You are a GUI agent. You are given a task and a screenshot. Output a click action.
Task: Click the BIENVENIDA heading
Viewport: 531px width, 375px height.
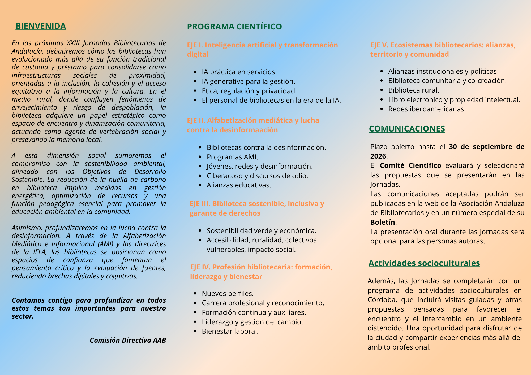pyautogui.click(x=41, y=26)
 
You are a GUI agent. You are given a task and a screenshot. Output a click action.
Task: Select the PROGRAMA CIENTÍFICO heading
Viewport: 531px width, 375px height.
pyautogui.click(x=234, y=27)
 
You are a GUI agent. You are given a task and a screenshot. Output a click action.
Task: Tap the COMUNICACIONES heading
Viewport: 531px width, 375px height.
pyautogui.click(x=407, y=129)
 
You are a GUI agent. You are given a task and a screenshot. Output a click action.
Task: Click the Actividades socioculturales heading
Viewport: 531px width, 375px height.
pyautogui.click(x=424, y=263)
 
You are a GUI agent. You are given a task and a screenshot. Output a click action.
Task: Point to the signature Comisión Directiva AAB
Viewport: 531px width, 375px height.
pyautogui.click(x=128, y=340)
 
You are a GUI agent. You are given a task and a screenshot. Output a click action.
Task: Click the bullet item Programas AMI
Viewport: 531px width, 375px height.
pyautogui.click(x=232, y=157)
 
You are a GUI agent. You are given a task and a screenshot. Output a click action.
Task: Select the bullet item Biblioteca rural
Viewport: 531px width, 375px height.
pyautogui.click(x=413, y=90)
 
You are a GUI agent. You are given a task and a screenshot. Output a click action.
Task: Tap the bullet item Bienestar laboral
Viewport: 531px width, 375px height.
pyautogui.click(x=230, y=331)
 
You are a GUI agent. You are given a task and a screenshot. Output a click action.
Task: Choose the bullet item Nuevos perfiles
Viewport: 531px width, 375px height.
pyautogui.click(x=228, y=294)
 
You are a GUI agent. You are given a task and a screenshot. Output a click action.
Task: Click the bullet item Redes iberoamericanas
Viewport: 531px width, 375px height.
pyautogui.click(x=427, y=109)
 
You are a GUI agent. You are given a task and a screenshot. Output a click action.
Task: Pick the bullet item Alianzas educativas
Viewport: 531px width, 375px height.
pyautogui.click(x=239, y=185)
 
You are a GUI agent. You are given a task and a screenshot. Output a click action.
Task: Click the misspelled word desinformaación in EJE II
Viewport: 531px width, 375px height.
pyautogui.click(x=249, y=130)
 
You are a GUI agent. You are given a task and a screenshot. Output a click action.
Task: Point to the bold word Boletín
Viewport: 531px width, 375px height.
pyautogui.click(x=383, y=222)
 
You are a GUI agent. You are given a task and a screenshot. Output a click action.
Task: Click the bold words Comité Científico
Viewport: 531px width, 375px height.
pyautogui.click(x=410, y=165)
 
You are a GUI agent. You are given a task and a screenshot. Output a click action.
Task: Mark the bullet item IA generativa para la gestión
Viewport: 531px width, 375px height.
pyautogui.click(x=248, y=81)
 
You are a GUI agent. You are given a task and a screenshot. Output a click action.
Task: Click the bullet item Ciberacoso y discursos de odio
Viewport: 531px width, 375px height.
pyautogui.click(x=257, y=176)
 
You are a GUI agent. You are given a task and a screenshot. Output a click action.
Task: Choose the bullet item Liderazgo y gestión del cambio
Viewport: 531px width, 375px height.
pyautogui.click(x=252, y=322)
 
